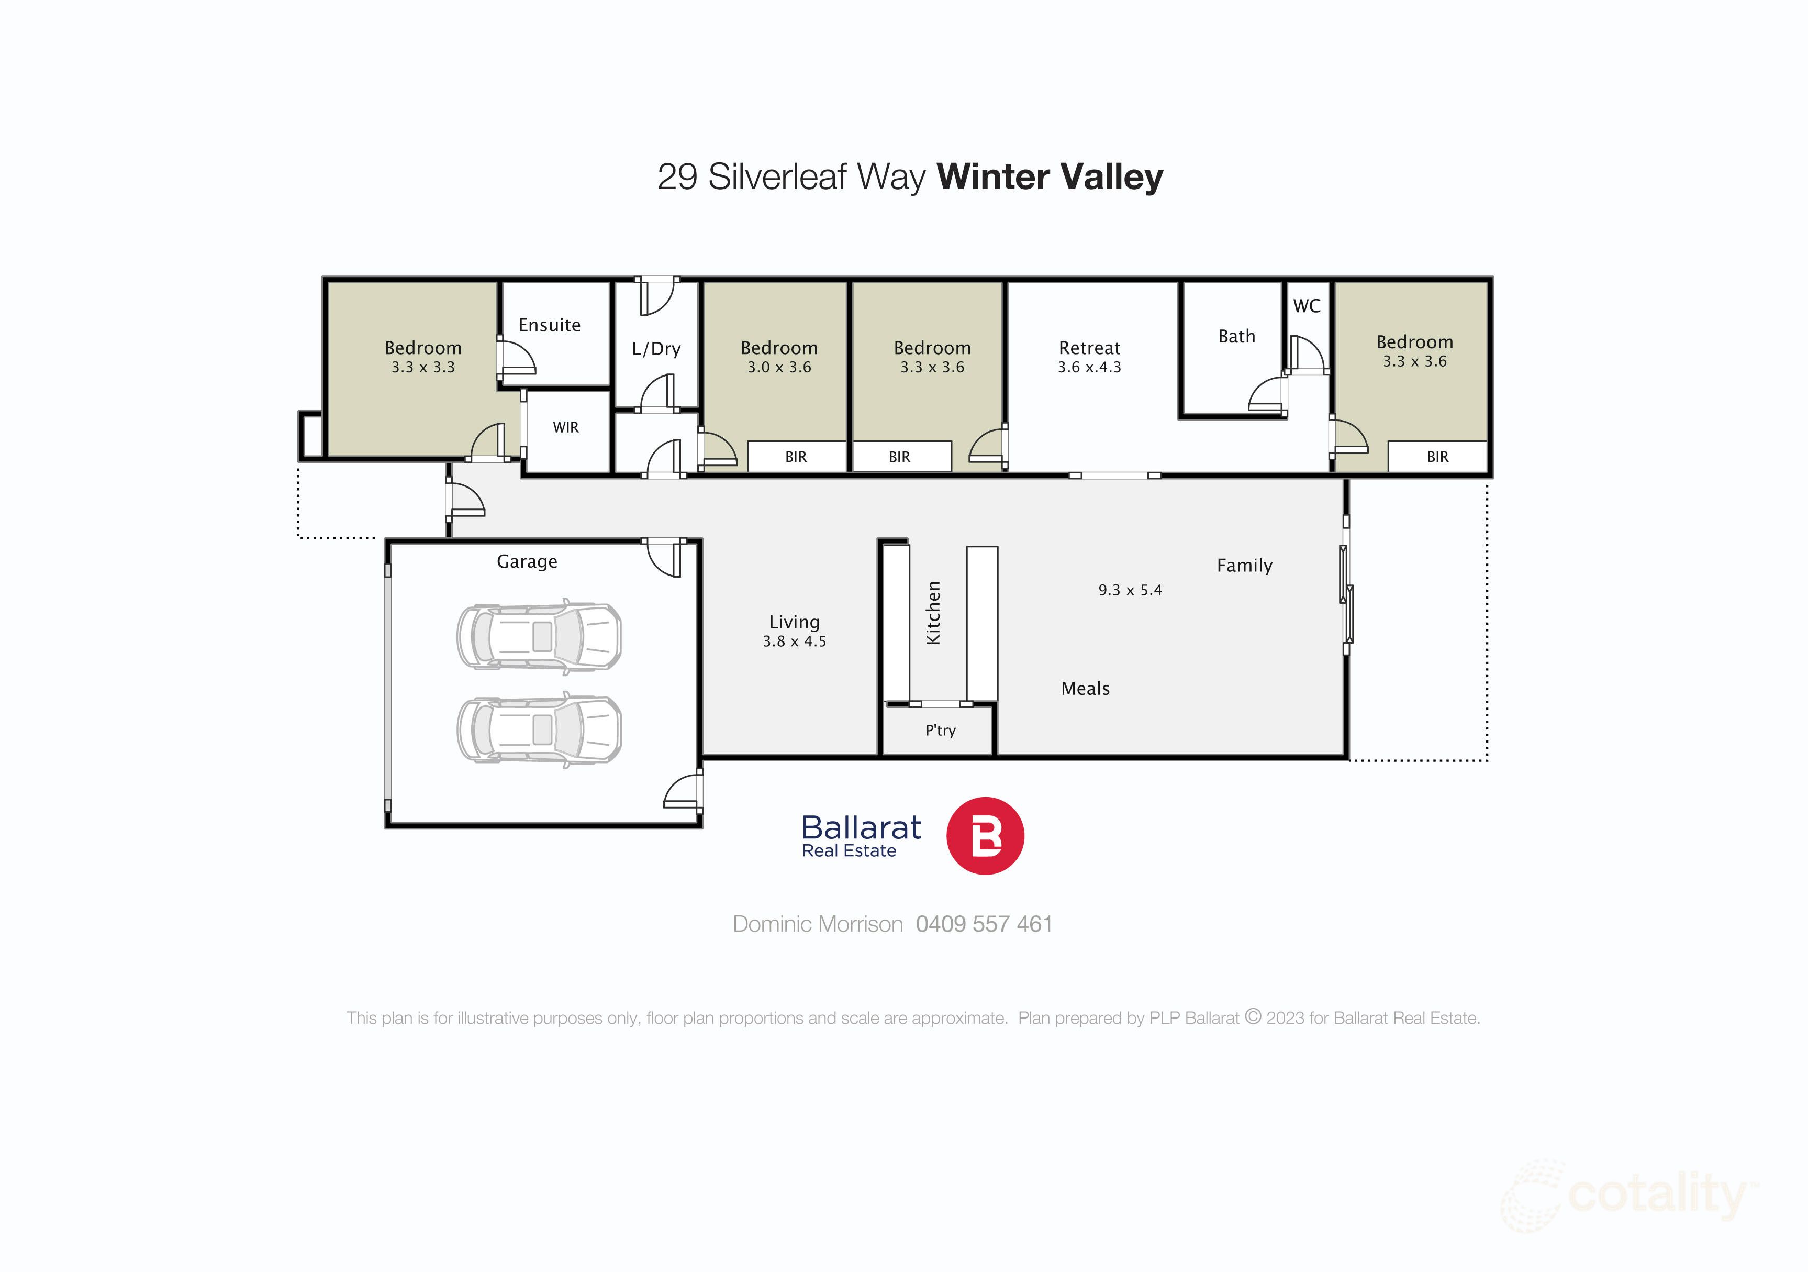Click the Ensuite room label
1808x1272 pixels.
click(x=549, y=325)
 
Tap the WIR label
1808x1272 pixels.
click(x=565, y=428)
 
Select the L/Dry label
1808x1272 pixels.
click(x=656, y=349)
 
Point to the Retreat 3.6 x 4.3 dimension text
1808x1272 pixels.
click(x=1089, y=368)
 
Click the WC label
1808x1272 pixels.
click(x=1307, y=306)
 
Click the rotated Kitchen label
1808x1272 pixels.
click(x=933, y=613)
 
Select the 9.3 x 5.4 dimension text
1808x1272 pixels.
click(x=1130, y=590)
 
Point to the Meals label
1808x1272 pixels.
click(x=1085, y=689)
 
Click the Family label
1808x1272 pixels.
click(x=1244, y=566)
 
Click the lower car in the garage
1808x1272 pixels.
click(x=539, y=730)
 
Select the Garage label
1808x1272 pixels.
click(x=527, y=561)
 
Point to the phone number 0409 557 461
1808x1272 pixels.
click(x=984, y=924)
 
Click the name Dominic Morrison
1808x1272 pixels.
click(x=818, y=924)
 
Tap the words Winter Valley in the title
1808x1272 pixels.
click(x=1049, y=176)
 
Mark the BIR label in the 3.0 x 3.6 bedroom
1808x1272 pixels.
click(x=795, y=457)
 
